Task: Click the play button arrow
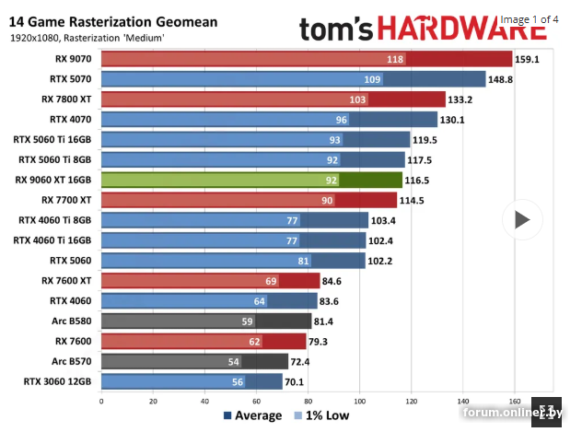tap(522, 219)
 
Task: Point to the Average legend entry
tap(252, 415)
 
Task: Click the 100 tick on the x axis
tap(359, 401)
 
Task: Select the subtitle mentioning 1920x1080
tap(87, 38)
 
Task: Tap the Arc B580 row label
tap(73, 321)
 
